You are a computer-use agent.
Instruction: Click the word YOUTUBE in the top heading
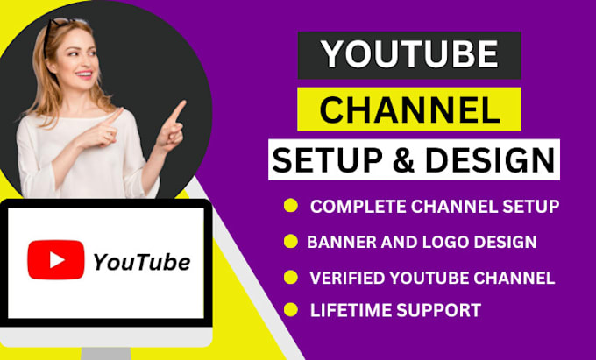[x=408, y=55]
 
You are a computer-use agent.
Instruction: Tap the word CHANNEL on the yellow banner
[x=408, y=109]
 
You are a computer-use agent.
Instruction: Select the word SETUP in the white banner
[x=324, y=160]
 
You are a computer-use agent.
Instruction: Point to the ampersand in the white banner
[x=391, y=160]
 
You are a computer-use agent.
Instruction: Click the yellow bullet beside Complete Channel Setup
[x=290, y=206]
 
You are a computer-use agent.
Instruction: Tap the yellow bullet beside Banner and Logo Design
[x=290, y=241]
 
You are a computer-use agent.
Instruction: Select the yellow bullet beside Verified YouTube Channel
[x=290, y=278]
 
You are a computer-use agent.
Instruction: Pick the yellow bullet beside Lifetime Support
[x=290, y=308]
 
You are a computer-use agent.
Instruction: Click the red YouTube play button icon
[x=56, y=259]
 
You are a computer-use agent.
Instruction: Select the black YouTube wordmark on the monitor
[x=141, y=261]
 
